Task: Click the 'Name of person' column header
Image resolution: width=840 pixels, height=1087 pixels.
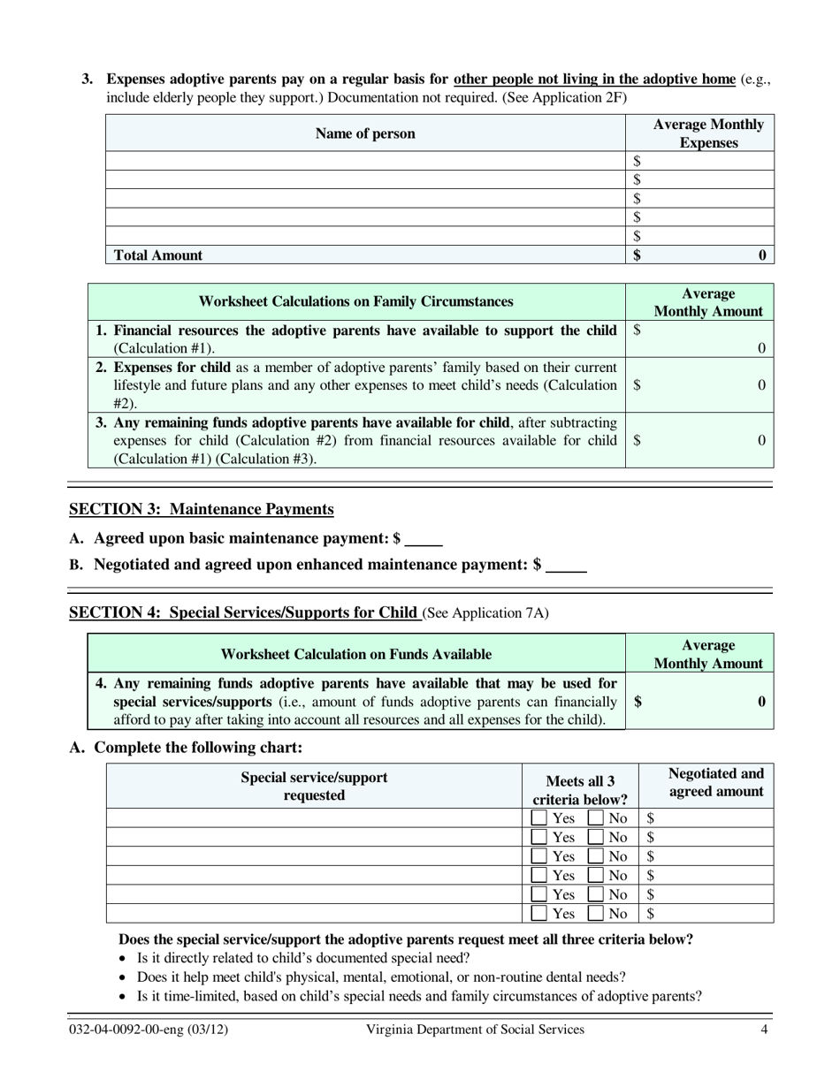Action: (365, 134)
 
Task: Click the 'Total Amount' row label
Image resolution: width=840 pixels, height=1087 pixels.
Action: (156, 255)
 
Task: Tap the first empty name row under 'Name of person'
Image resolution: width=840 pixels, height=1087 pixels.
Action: (365, 161)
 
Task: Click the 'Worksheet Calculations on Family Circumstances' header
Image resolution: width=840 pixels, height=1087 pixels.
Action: (355, 302)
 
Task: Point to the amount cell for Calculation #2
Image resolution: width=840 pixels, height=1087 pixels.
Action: (699, 385)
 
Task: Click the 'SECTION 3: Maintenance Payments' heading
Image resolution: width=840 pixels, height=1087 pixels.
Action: (202, 509)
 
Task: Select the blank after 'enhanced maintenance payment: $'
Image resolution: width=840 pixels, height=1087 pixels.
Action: (566, 566)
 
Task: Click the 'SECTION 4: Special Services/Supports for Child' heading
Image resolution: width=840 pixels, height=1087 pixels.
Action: (244, 612)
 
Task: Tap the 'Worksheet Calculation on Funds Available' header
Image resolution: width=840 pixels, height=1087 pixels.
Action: (355, 655)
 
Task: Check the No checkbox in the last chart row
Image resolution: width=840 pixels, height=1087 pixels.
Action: (597, 913)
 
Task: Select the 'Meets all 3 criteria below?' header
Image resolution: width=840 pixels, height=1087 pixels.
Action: (580, 790)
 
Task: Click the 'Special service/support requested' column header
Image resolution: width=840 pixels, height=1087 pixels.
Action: (314, 786)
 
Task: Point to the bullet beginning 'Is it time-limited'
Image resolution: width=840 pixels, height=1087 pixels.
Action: (418, 997)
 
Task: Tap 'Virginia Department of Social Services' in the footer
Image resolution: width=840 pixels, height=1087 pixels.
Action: (475, 1030)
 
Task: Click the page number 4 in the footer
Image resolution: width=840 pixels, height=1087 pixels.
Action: (763, 1030)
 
